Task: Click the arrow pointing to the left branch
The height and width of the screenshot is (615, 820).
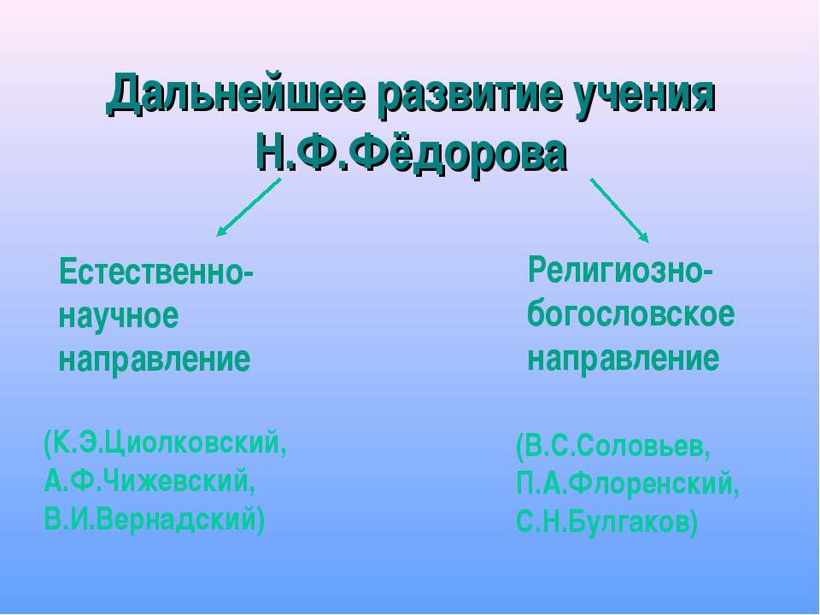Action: click(249, 208)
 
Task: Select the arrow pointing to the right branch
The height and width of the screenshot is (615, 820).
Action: click(620, 210)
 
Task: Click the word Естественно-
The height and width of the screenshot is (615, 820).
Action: click(156, 272)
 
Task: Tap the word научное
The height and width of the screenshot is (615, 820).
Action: click(119, 316)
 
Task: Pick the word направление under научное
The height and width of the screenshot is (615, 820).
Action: click(155, 360)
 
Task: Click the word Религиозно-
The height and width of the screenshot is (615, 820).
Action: click(620, 271)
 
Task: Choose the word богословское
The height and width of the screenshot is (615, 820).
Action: click(630, 314)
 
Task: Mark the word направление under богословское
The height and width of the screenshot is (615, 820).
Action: click(623, 359)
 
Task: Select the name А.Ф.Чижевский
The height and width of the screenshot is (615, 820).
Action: click(149, 481)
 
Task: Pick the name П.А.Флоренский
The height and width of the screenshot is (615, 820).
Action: click(627, 484)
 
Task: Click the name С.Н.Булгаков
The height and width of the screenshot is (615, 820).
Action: click(602, 522)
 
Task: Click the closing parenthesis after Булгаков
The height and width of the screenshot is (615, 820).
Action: click(693, 523)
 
